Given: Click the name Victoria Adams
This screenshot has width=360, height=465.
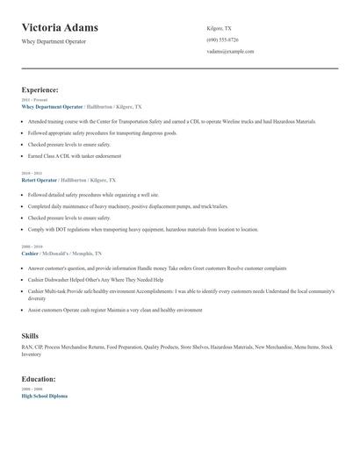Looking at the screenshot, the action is click(x=60, y=27).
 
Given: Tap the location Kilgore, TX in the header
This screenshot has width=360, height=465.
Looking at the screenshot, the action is click(x=220, y=28).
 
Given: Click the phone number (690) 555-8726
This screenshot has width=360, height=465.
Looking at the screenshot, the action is click(x=223, y=39).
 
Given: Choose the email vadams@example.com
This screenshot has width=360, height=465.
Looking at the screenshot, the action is click(x=230, y=51).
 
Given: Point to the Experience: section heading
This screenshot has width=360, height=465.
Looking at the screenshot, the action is click(x=40, y=89).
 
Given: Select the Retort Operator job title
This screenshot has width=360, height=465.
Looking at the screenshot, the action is click(x=39, y=179).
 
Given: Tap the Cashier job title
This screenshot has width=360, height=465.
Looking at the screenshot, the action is click(x=31, y=253).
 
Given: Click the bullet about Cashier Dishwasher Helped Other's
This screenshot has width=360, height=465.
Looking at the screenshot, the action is click(x=96, y=280).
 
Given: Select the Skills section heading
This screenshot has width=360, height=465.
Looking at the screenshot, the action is click(x=30, y=336).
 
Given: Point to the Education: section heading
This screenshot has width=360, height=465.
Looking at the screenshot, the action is click(x=39, y=379).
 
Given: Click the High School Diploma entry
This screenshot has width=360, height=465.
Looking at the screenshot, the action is click(x=44, y=396).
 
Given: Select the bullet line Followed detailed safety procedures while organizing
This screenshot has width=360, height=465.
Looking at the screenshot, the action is click(x=93, y=195).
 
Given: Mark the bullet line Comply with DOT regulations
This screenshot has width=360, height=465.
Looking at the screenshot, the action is click(x=142, y=229).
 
